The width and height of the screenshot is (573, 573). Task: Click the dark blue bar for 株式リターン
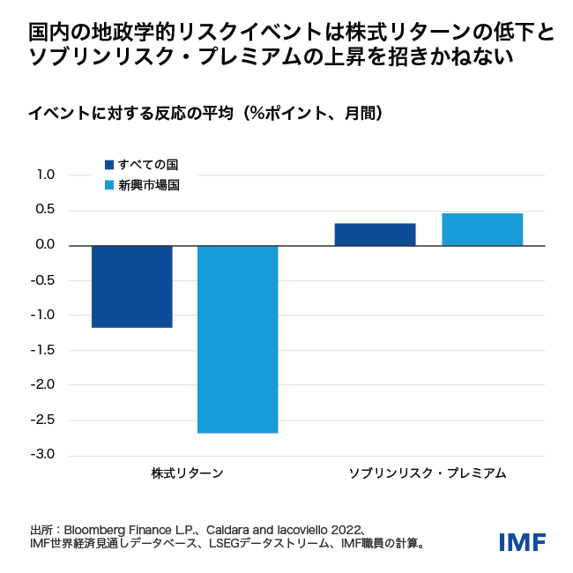131,286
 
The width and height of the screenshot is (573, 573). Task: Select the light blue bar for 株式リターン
237,339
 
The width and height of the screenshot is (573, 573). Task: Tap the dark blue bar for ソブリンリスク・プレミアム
375,234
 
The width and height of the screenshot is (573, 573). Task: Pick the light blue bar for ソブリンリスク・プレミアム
482,229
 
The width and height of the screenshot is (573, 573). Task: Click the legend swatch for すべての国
109,165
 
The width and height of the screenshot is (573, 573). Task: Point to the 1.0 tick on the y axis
46,175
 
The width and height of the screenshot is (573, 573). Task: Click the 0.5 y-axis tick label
46,210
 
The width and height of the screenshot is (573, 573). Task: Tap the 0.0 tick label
46,245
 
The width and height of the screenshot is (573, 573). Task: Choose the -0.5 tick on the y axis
44,280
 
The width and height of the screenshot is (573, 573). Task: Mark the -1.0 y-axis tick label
44,315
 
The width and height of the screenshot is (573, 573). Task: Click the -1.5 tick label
44,350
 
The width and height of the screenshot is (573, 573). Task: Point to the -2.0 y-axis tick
44,384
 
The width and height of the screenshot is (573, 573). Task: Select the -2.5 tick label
44,420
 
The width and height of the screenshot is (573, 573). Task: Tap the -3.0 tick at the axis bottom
44,455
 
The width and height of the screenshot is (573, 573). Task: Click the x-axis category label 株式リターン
187,473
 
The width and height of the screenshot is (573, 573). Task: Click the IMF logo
522,541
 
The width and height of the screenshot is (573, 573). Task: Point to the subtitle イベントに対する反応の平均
132,113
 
